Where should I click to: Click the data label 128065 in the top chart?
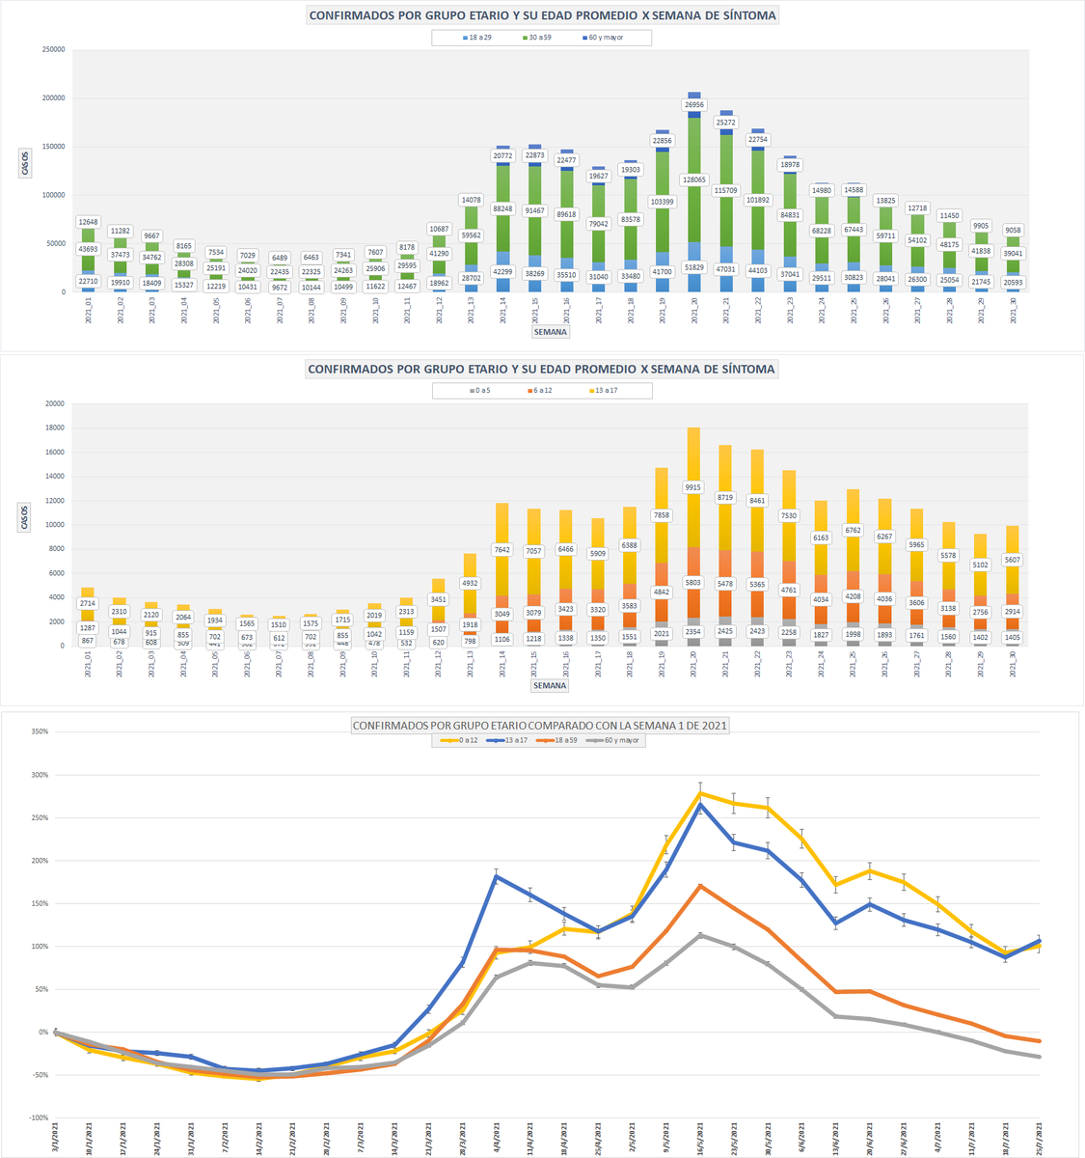(694, 179)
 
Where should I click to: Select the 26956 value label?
(694, 104)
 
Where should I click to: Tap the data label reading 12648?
(90, 222)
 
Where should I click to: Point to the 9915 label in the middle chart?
(693, 487)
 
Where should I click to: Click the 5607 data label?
(1013, 560)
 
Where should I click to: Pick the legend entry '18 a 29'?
(475, 38)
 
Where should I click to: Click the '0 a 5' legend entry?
(479, 391)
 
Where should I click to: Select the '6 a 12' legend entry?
(540, 391)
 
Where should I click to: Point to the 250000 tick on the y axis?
(51, 49)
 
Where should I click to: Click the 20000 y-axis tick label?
(53, 403)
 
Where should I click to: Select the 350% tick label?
(40, 731)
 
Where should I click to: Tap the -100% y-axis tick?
(38, 1117)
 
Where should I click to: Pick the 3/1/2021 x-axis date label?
(56, 1138)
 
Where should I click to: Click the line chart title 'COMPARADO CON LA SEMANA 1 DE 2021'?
(541, 725)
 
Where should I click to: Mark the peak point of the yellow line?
(701, 793)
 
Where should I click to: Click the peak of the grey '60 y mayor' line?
(701, 934)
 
